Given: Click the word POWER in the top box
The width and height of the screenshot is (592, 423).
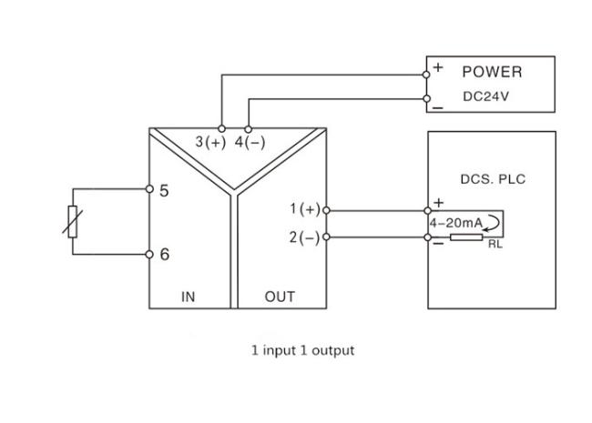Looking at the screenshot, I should click(x=492, y=72).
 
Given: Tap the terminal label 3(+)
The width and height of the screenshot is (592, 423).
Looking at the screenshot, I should click(x=210, y=143).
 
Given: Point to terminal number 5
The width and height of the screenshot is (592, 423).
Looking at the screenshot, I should click(x=165, y=191).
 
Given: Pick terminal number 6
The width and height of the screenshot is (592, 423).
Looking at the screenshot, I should click(x=165, y=255).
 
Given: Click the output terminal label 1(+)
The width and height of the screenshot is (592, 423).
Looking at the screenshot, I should click(x=305, y=209).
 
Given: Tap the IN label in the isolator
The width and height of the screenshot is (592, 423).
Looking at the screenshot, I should click(x=189, y=297).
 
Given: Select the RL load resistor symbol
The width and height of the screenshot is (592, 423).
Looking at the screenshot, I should click(x=466, y=237).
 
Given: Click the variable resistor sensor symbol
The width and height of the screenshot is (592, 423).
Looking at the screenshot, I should click(x=74, y=223).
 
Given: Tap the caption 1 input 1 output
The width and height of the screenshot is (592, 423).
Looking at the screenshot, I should click(x=302, y=349).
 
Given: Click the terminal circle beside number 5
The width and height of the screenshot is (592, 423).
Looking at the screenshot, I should click(x=149, y=190).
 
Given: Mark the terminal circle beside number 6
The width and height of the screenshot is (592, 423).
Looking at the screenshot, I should click(x=149, y=255).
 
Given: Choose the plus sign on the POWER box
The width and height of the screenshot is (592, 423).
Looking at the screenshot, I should click(x=438, y=67).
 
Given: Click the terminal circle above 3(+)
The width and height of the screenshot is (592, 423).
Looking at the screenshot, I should click(x=221, y=127).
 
